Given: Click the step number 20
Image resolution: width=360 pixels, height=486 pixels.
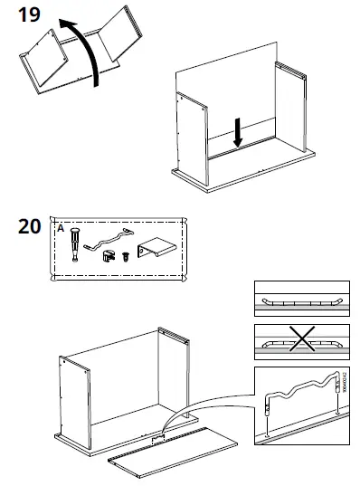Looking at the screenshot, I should tap(29, 225).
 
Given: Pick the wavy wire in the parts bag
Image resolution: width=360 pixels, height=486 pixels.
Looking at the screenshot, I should tap(106, 239).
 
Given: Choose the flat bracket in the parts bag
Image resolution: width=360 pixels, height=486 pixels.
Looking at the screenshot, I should tap(155, 249).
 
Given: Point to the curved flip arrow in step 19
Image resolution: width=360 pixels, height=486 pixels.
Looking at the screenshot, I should tap(86, 45).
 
